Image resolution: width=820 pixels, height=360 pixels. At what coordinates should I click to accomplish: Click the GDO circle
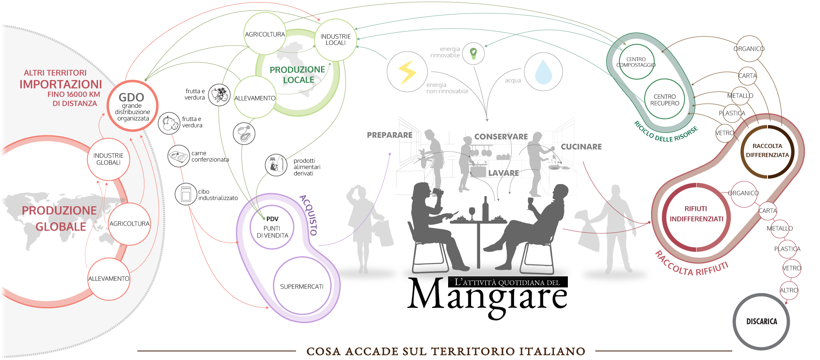(x=132, y=106)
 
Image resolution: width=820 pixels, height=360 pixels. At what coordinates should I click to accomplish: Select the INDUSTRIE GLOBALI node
(x=108, y=159)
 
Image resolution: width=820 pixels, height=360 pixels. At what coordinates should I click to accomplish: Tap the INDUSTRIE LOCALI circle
(x=335, y=40)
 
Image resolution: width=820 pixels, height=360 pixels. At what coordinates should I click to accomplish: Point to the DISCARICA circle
(x=761, y=321)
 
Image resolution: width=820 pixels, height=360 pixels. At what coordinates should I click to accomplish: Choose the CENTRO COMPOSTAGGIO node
(x=636, y=62)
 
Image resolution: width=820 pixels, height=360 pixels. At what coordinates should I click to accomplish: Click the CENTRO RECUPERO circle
(x=665, y=100)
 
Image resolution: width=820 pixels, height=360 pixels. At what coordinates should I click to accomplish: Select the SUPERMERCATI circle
(x=302, y=286)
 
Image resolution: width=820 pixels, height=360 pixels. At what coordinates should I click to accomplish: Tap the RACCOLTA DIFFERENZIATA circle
(x=767, y=151)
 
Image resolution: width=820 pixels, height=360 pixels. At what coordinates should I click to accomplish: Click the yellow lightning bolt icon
(x=407, y=72)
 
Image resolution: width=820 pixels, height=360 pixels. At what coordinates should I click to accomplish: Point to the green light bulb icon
(x=474, y=53)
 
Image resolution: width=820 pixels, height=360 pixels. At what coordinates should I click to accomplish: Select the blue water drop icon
(x=543, y=72)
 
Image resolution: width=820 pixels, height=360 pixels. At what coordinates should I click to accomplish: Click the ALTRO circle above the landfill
(x=788, y=290)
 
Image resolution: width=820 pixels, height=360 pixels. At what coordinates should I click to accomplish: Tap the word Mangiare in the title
(x=488, y=296)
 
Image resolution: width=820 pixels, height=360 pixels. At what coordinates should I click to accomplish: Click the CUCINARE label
(x=581, y=147)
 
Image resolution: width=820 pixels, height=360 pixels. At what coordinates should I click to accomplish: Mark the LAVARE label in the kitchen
(x=503, y=173)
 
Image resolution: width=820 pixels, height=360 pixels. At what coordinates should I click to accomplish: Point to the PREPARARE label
(x=389, y=135)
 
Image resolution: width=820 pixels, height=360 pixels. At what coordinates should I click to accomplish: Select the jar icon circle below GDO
(x=186, y=194)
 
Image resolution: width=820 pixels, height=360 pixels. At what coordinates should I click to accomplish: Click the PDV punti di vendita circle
(x=272, y=228)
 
